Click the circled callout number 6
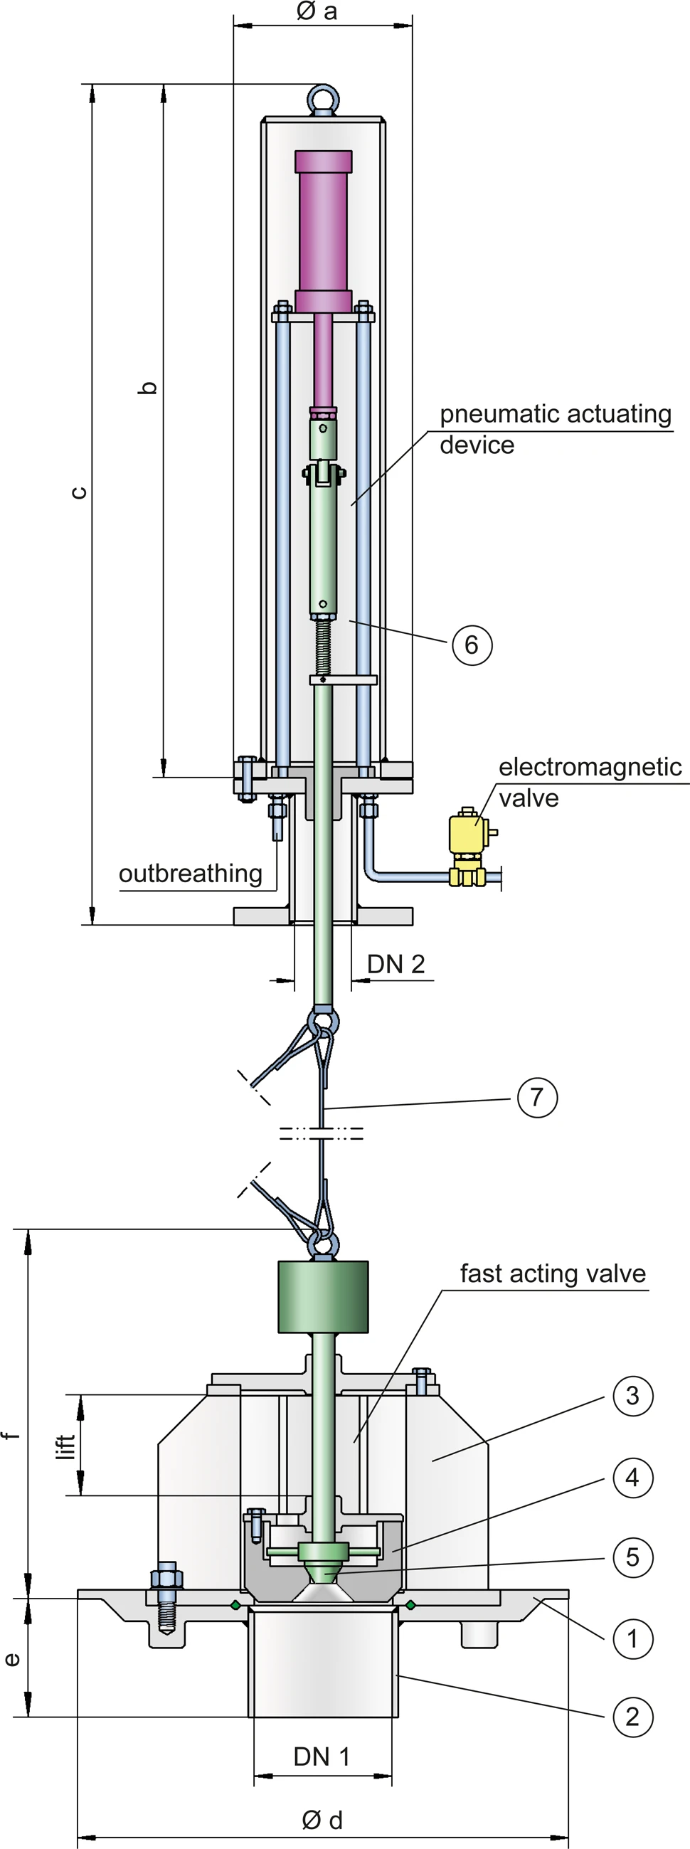tap(472, 645)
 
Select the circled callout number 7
tap(537, 1097)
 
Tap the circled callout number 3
tap(632, 1395)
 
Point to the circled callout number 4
tap(632, 1477)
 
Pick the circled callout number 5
tap(632, 1557)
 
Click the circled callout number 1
tap(632, 1638)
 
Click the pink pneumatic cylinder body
tap(323, 230)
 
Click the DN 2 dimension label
tap(396, 964)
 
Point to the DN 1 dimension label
tap(322, 1757)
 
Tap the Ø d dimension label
tap(322, 1820)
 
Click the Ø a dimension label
tap(317, 11)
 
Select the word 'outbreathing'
tap(190, 874)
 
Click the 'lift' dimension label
tap(66, 1446)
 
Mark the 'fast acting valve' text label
tap(552, 1273)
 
